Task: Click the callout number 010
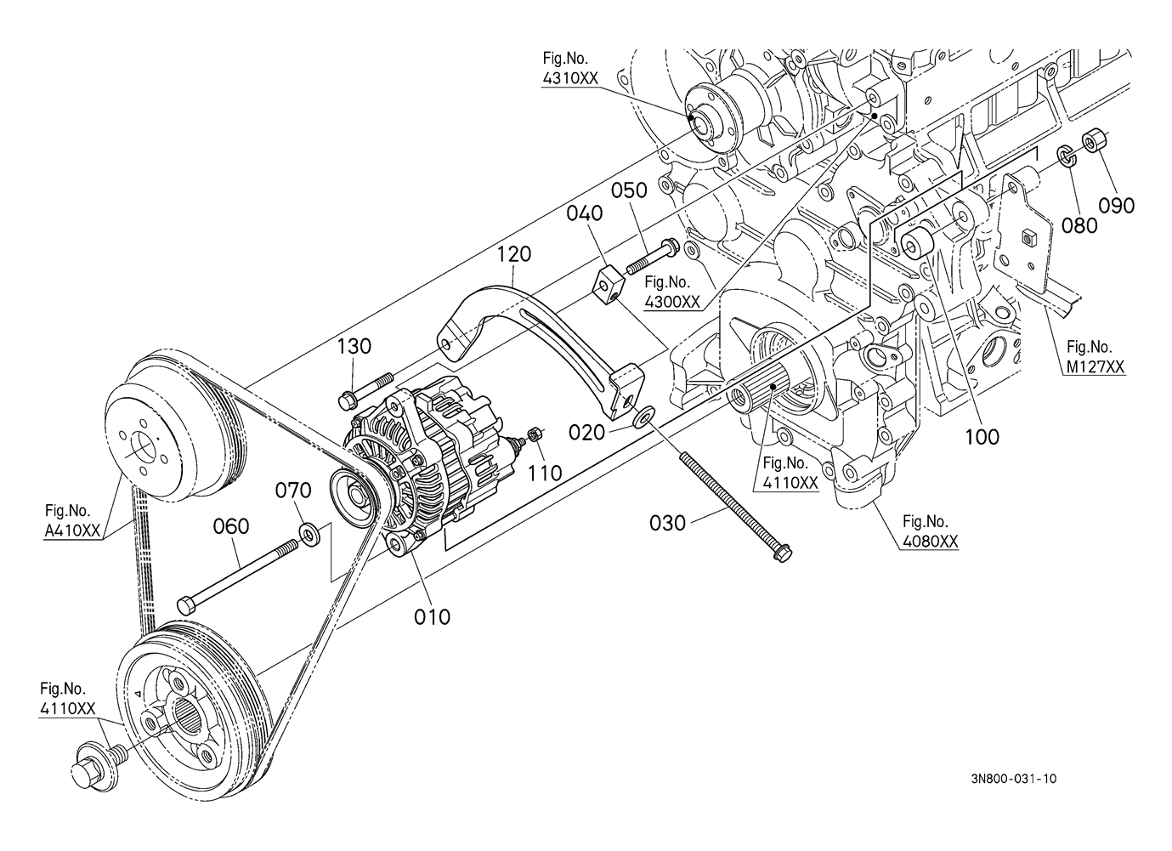tap(432, 617)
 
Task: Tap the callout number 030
tap(667, 523)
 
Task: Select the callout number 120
tap(513, 254)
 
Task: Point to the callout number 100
tap(982, 437)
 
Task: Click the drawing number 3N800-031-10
tap(1013, 793)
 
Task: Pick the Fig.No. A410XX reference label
tap(72, 521)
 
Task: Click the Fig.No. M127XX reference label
tap(1096, 357)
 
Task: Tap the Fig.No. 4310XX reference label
tap(569, 68)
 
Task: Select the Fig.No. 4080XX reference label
tap(931, 531)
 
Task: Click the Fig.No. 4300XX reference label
tap(671, 292)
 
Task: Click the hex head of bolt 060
tap(187, 604)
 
